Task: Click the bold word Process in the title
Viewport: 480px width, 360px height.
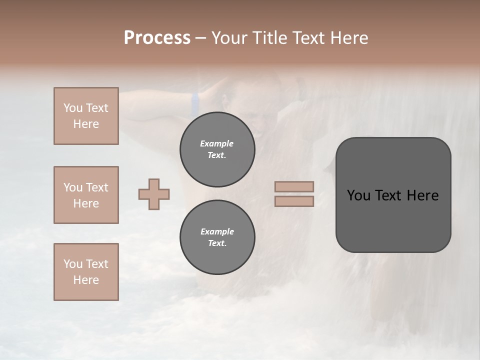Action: [x=157, y=37]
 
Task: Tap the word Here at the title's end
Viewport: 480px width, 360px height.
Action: [x=348, y=37]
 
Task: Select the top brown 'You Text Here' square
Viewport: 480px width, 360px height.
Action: [x=86, y=116]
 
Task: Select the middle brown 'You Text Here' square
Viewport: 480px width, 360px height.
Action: [x=86, y=195]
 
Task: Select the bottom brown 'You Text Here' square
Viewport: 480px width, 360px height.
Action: [x=86, y=272]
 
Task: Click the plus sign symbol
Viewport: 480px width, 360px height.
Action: [x=154, y=194]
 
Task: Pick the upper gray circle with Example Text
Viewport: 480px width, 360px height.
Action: [x=217, y=149]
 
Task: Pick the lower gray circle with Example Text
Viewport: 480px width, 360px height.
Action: [x=217, y=237]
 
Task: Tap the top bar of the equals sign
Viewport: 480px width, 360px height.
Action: [x=294, y=187]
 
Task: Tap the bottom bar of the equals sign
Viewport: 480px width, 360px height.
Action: [x=294, y=201]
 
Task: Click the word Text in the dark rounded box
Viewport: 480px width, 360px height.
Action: [x=388, y=195]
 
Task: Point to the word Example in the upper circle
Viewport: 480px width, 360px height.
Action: [x=216, y=143]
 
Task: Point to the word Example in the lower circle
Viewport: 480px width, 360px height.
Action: [x=216, y=231]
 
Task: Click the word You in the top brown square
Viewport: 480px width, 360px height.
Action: [x=73, y=108]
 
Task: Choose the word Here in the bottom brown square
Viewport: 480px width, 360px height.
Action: [x=86, y=280]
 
